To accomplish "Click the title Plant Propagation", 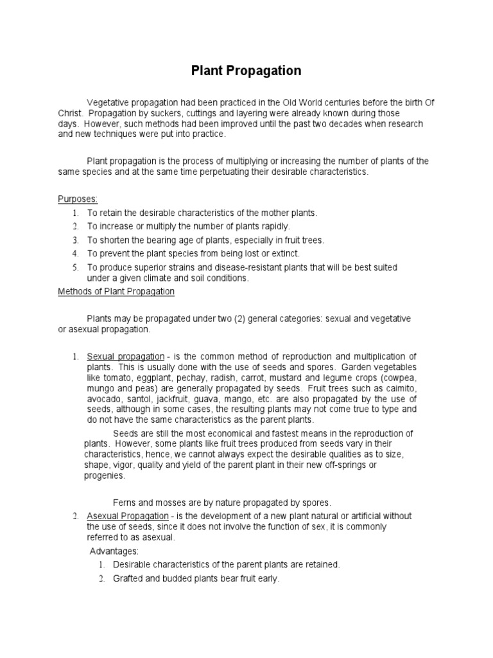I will click(x=246, y=71).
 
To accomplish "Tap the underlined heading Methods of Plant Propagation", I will click(x=116, y=291).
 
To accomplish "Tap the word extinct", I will click(x=286, y=254).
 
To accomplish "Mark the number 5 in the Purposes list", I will click(x=75, y=266).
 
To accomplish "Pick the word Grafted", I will click(x=128, y=578).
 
